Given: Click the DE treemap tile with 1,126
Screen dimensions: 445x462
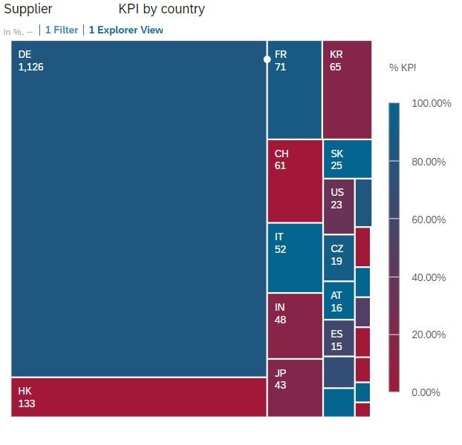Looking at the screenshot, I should point(139,208).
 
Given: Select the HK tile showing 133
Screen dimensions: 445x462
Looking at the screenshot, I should point(139,397).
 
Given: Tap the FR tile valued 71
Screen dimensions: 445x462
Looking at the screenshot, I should point(294,89).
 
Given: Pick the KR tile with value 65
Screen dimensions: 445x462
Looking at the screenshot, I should point(347,89).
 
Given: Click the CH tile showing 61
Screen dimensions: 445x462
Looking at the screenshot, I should point(294,181).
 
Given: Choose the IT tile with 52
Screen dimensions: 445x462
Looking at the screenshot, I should point(294,257).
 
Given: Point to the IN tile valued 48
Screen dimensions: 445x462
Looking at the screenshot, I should point(294,326).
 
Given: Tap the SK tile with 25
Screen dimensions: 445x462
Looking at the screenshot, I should point(347,159).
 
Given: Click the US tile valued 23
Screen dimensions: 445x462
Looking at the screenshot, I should point(339,206).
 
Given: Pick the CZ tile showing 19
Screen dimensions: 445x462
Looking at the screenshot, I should point(339,257).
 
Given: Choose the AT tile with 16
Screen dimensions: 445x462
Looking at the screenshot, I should point(339,300).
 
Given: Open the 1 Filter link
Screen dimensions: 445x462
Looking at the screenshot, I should point(62,30).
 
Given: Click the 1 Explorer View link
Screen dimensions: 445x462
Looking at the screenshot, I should point(126,30).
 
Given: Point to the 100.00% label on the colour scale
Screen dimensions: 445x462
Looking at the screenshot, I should point(431,104).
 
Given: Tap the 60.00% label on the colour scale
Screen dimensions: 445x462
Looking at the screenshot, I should point(429,220).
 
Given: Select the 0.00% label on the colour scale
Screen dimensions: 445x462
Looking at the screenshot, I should point(426,392).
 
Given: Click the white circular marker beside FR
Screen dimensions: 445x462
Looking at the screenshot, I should point(267,59).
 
